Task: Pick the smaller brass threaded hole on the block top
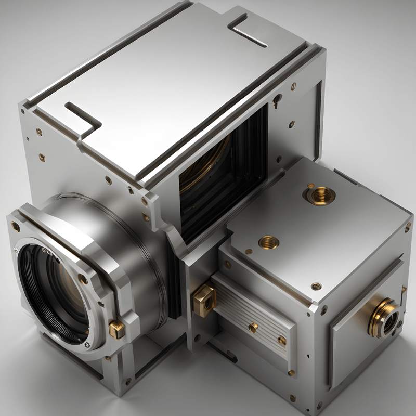pyautogui.click(x=269, y=242)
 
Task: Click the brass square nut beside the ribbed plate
pyautogui.click(x=204, y=300)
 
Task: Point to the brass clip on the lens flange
pyautogui.click(x=116, y=329)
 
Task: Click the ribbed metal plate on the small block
pyautogui.click(x=255, y=317)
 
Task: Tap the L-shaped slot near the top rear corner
pyautogui.click(x=249, y=29)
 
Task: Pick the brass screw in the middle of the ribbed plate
pyautogui.click(x=253, y=327)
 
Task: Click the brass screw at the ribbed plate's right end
pyautogui.click(x=282, y=340)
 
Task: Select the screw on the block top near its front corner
pyautogui.click(x=316, y=286)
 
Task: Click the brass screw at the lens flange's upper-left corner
pyautogui.click(x=16, y=226)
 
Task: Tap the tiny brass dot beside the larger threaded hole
pyautogui.click(x=310, y=185)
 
